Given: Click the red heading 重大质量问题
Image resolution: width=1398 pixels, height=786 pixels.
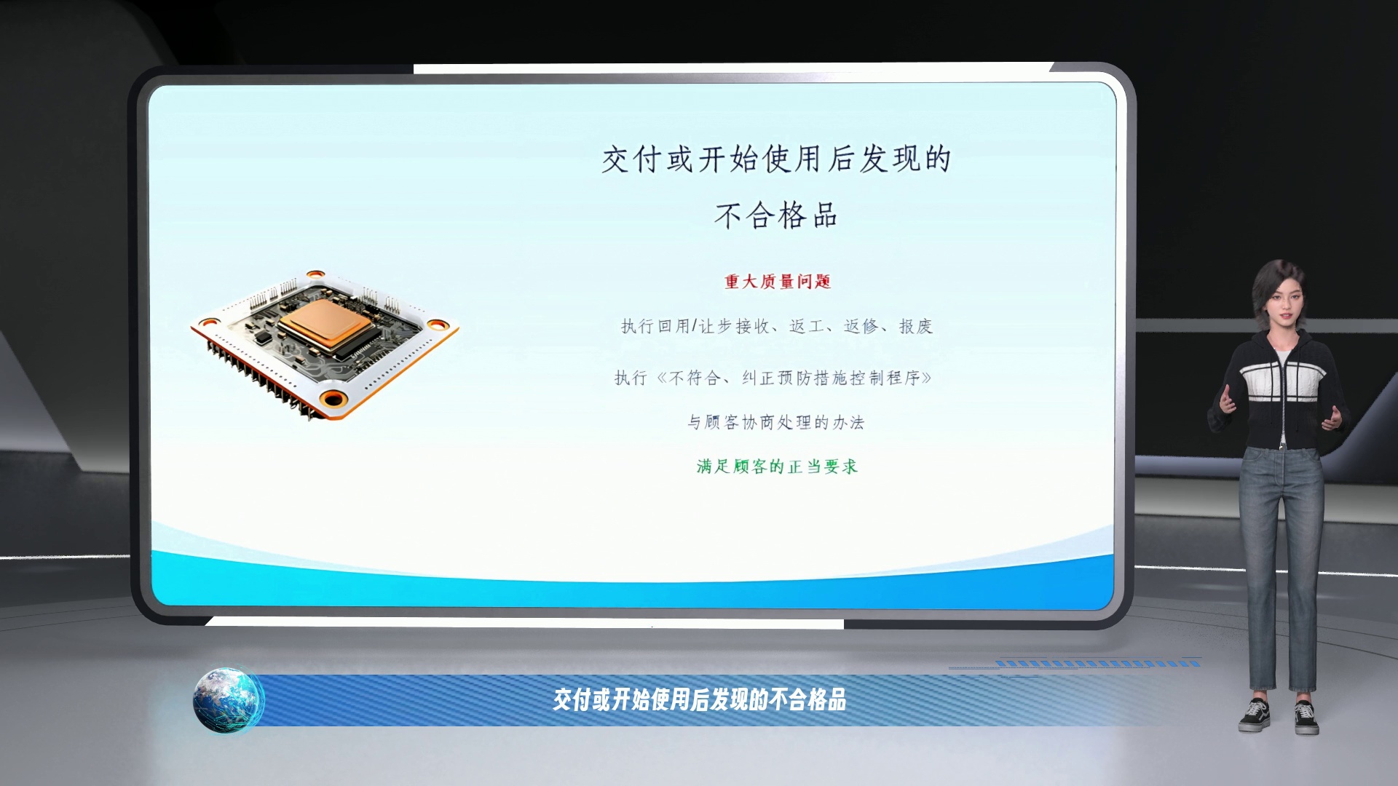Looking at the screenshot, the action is pyautogui.click(x=778, y=282).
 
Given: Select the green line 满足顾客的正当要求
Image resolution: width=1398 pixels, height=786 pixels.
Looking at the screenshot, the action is pyautogui.click(x=778, y=467).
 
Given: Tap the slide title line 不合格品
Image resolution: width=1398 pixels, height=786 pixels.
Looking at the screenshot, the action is pyautogui.click(x=776, y=215).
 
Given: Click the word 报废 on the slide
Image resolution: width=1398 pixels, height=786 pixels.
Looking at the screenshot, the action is pyautogui.click(x=916, y=326).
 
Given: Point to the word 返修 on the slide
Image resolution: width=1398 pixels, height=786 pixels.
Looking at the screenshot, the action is pyautogui.click(x=861, y=326).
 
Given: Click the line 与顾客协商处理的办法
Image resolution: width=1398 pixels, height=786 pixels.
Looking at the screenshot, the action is pyautogui.click(x=776, y=422).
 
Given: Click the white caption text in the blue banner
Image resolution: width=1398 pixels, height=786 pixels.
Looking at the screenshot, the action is pyautogui.click(x=700, y=700).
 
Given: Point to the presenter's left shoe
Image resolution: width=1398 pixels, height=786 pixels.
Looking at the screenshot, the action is pyautogui.click(x=1307, y=718).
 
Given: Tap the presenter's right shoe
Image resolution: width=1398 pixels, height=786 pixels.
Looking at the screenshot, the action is pyautogui.click(x=1254, y=715).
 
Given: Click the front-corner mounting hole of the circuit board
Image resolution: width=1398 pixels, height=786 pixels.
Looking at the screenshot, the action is pyautogui.click(x=334, y=399).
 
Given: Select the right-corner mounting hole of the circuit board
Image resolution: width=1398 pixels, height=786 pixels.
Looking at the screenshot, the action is pyautogui.click(x=439, y=325).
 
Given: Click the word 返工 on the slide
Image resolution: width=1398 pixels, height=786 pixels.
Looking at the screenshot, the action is pyautogui.click(x=806, y=326).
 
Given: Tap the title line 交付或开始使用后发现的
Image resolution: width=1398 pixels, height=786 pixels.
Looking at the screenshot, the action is pyautogui.click(x=776, y=159).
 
